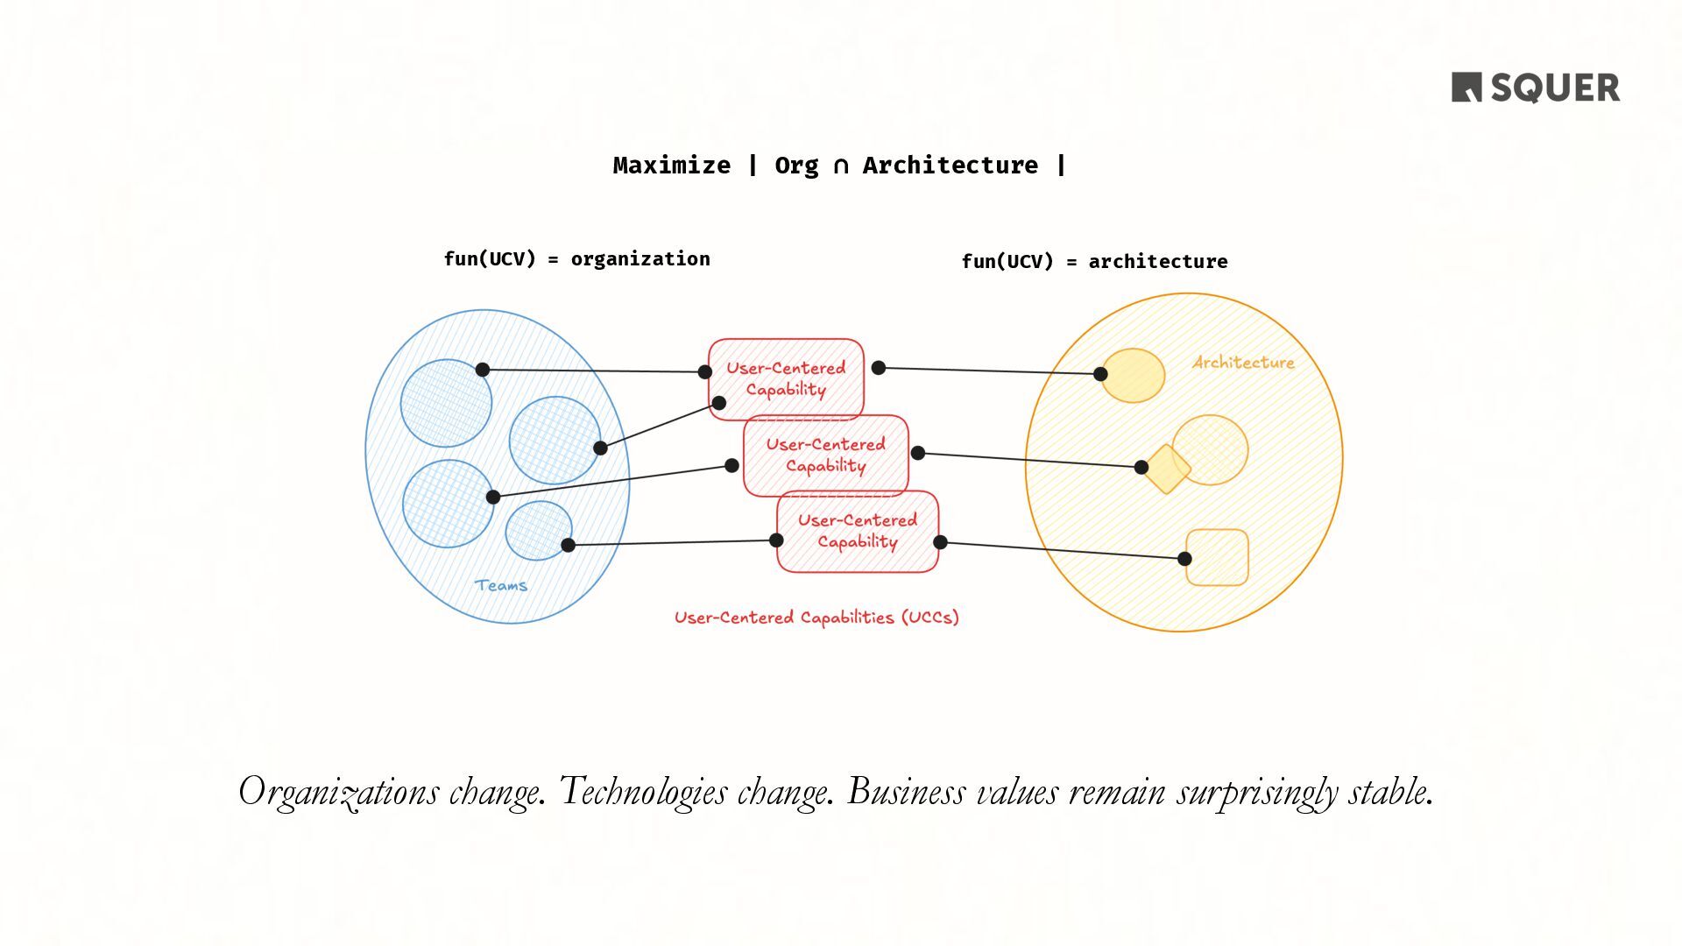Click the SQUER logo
pos(1535,88)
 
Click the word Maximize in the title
pos(671,166)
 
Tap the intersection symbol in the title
pos(840,166)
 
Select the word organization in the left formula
pos(640,259)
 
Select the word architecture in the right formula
pos(1157,262)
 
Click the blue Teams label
pos(501,585)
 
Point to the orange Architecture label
pos(1243,363)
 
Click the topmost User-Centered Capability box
pos(786,378)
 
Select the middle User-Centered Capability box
pos(825,455)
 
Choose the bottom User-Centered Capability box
pos(857,531)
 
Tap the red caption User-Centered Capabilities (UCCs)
pos(816,618)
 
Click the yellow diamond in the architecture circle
pos(1168,469)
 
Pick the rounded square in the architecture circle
pos(1218,557)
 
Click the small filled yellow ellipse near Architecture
pos(1134,376)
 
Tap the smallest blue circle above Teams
pos(538,530)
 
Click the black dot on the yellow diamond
pos(1141,468)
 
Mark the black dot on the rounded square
pos(1184,559)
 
